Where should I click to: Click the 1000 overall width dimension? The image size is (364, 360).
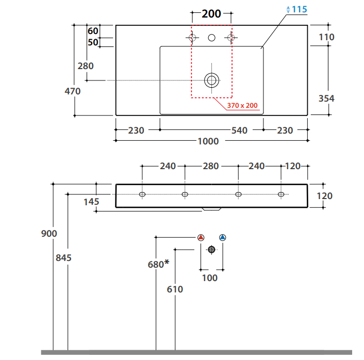coord(208,141)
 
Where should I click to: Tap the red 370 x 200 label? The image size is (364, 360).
coord(242,106)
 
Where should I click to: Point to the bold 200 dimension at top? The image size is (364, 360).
coord(211,13)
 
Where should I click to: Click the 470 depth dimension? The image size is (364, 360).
coord(72,91)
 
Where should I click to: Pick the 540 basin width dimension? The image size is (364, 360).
coord(239,130)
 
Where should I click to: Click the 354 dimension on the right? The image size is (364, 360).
coord(326,98)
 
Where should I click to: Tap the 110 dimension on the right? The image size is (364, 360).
coord(326,37)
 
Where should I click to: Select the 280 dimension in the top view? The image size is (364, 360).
coord(86,66)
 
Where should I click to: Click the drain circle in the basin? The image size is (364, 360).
coord(211,80)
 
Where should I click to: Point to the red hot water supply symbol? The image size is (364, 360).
coord(201,238)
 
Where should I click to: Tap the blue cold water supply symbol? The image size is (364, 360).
coord(222,238)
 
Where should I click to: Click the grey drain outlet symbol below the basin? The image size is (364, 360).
coord(211,250)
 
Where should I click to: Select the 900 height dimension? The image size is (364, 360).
coord(49,234)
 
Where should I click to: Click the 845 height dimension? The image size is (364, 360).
coord(63,257)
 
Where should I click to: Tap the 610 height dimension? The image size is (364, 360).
coord(175,289)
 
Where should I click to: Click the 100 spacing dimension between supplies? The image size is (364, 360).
coord(210,278)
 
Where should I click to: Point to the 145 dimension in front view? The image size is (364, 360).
coord(91,202)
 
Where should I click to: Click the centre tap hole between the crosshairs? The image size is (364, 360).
coord(211,38)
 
